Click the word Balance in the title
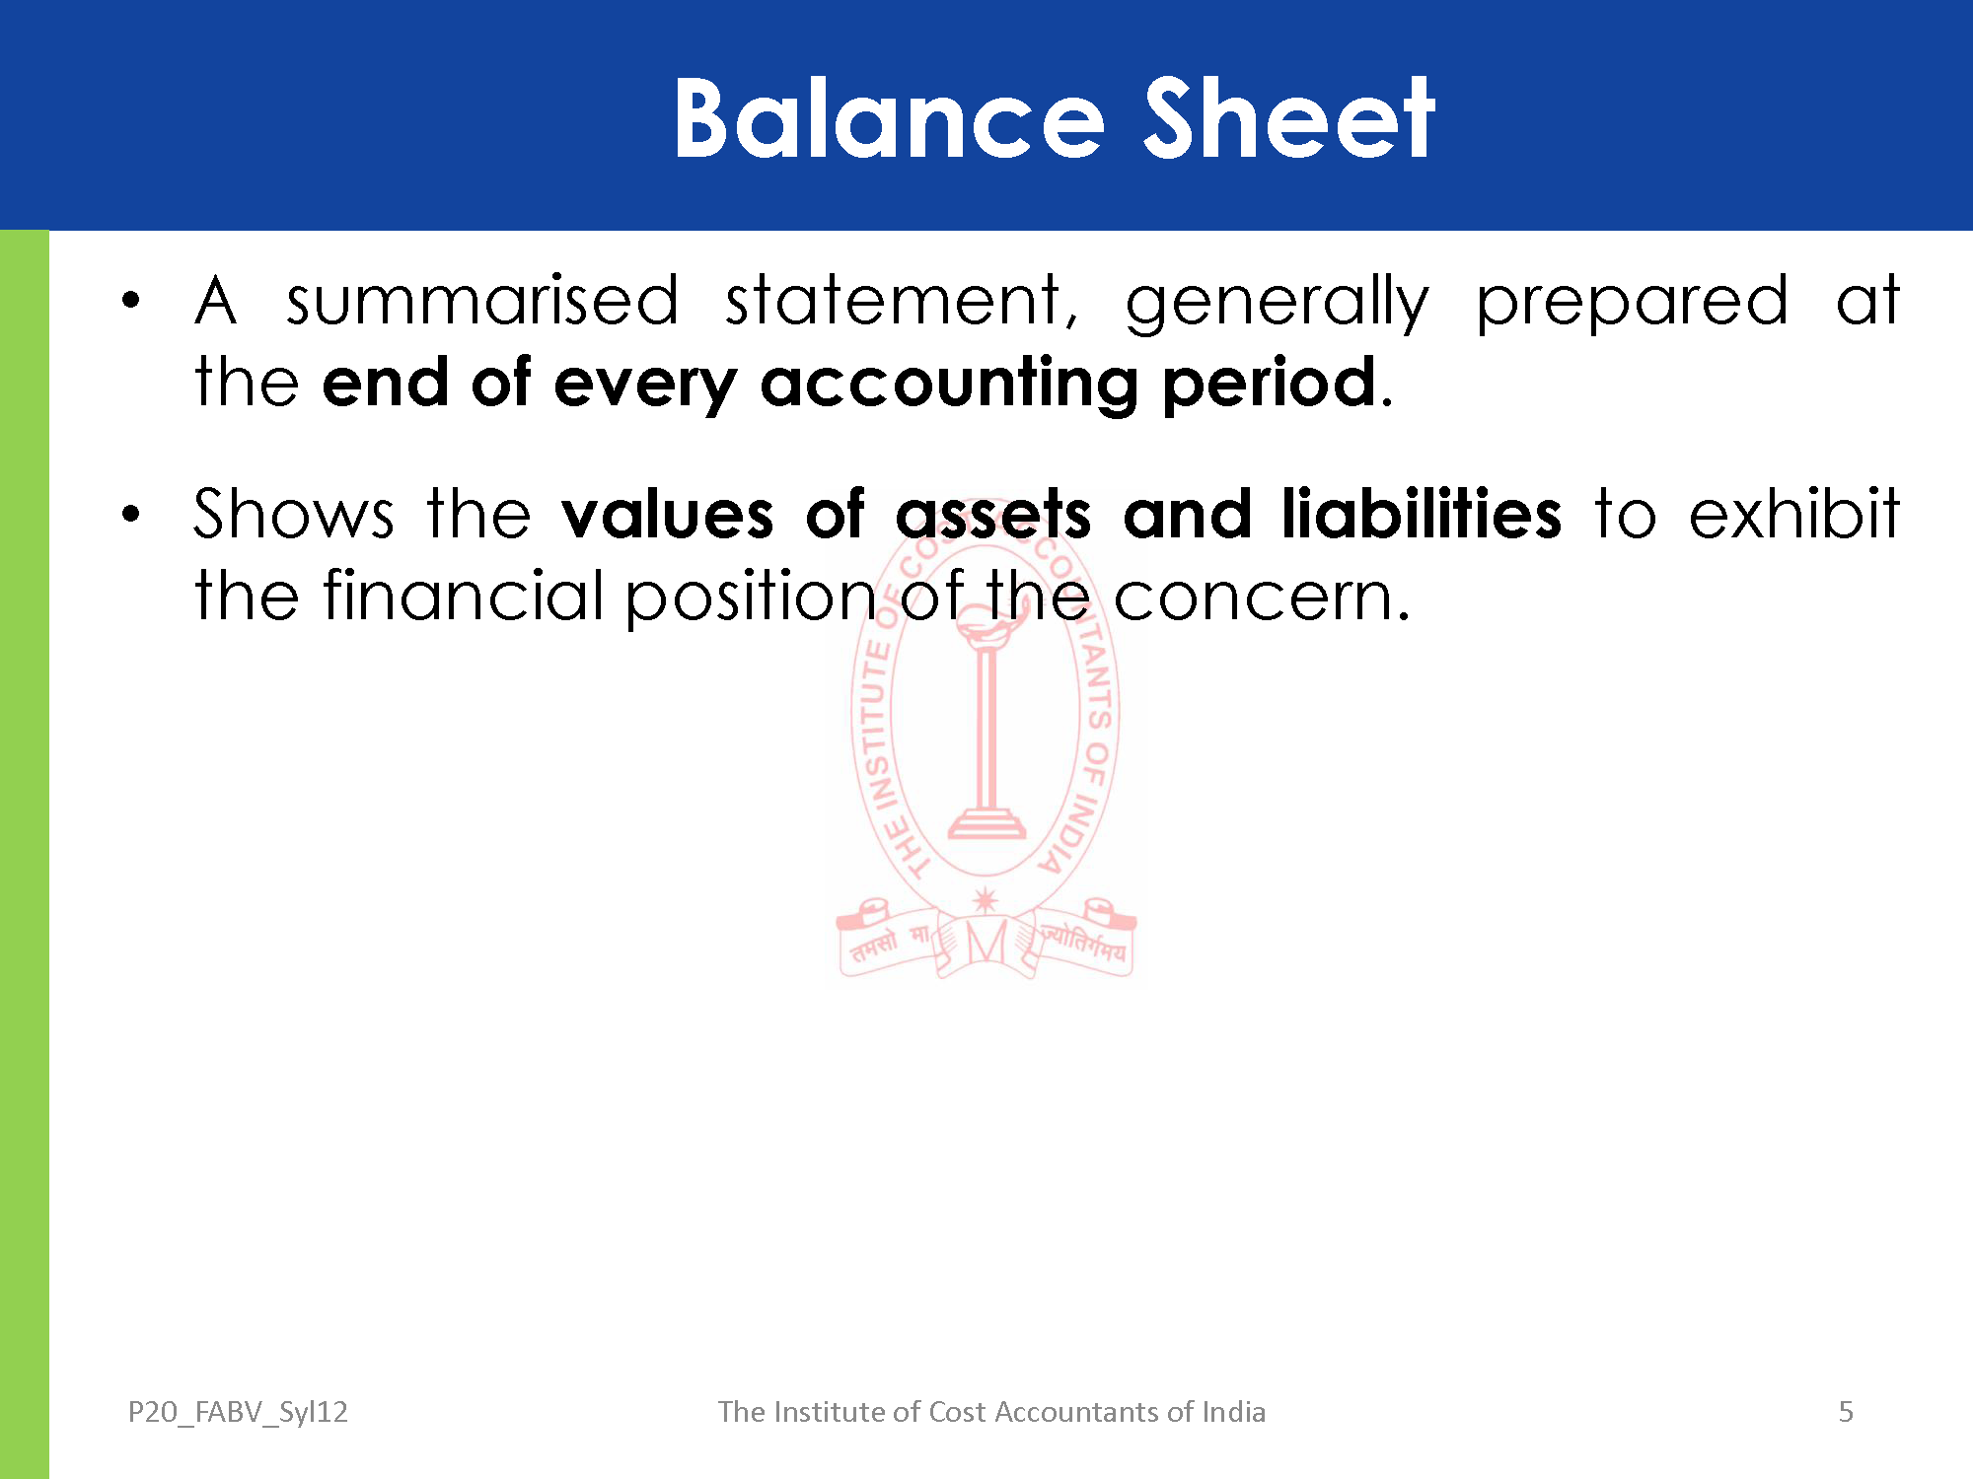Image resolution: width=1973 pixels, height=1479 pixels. tap(889, 118)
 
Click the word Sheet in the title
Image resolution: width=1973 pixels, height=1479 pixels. tap(1288, 118)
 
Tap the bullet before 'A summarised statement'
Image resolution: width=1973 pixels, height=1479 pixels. tap(130, 300)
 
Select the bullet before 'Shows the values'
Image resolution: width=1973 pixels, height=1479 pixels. tap(130, 514)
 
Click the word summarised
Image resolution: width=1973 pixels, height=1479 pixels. tap(482, 300)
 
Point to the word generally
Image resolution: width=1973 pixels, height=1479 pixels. tap(1277, 303)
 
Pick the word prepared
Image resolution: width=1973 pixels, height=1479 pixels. tap(1632, 303)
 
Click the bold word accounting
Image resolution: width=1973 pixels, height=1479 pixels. tap(949, 386)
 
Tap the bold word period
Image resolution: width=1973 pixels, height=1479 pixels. tap(1270, 384)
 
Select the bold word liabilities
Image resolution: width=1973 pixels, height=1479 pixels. tap(1422, 514)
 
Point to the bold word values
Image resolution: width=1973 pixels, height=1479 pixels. tap(668, 514)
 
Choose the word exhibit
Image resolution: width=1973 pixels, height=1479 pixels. tap(1794, 514)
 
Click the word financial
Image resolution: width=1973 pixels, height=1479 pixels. tap(464, 596)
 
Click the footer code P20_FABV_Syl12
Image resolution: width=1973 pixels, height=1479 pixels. tap(238, 1412)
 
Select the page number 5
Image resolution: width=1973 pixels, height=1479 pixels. tap(1846, 1412)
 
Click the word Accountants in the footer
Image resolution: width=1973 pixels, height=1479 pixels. tap(1077, 1412)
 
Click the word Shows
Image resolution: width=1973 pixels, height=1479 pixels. tap(294, 514)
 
